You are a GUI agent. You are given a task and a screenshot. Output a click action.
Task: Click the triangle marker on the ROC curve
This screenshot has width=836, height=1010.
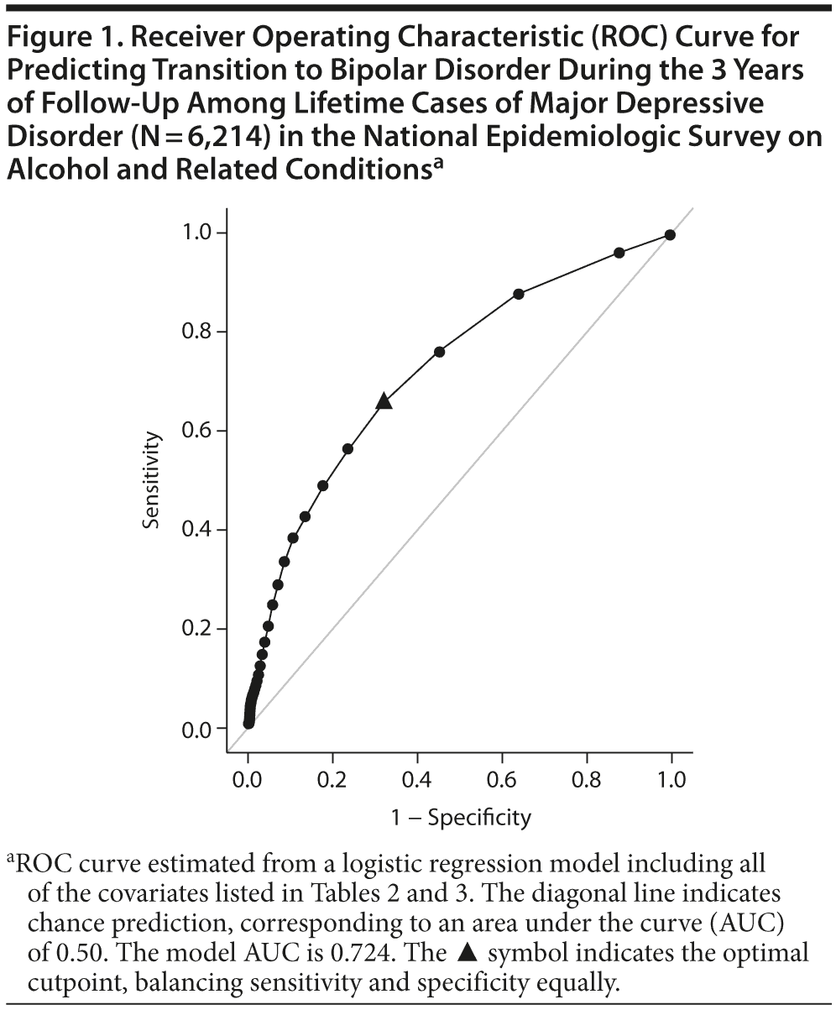[x=384, y=401]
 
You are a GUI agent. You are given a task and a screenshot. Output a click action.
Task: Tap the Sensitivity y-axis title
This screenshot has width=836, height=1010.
[x=151, y=480]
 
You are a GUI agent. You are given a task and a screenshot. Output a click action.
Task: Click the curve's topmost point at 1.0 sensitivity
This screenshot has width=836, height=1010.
[x=669, y=235]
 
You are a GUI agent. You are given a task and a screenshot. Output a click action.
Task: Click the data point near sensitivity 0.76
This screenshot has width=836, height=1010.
[x=439, y=352]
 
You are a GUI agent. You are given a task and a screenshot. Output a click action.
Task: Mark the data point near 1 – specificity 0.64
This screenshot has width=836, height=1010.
[x=519, y=294]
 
